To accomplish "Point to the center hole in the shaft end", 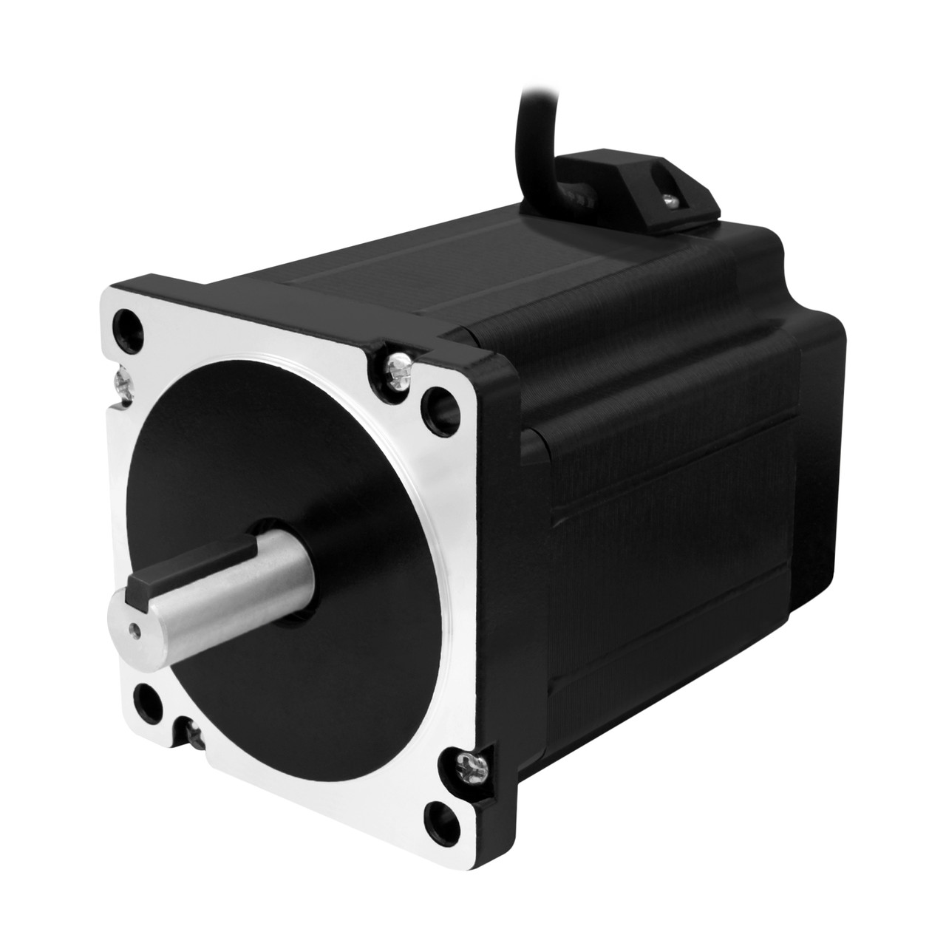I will pyautogui.click(x=135, y=630).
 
